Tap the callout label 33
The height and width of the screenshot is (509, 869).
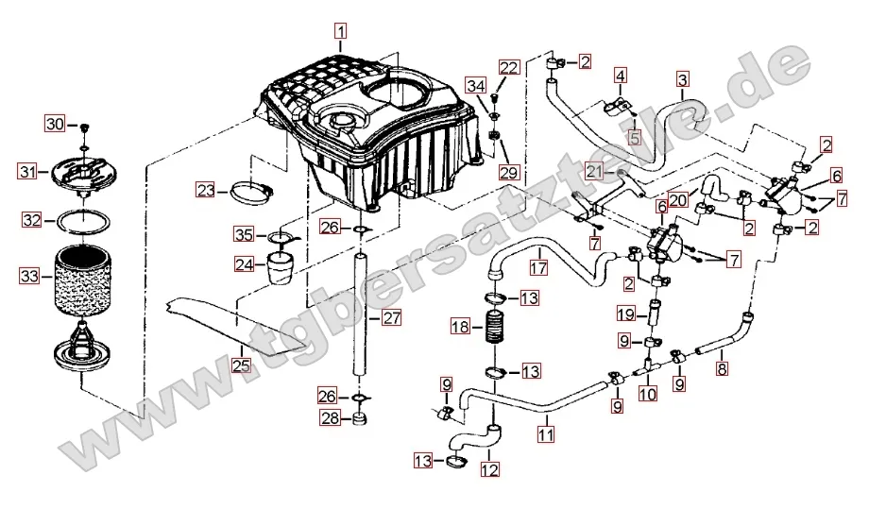pos(30,277)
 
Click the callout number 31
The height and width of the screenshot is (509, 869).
pos(28,172)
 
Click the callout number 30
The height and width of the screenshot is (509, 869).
pos(55,125)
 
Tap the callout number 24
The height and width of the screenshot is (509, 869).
pos(244,265)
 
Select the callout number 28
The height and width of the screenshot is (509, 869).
pos(329,418)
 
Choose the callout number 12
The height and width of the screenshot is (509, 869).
pos(489,467)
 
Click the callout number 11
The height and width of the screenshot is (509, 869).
pos(545,434)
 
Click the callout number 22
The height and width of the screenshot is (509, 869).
pos(509,67)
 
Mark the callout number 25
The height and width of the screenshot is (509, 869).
pos(242,364)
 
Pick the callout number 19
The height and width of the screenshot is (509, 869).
pos(625,314)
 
